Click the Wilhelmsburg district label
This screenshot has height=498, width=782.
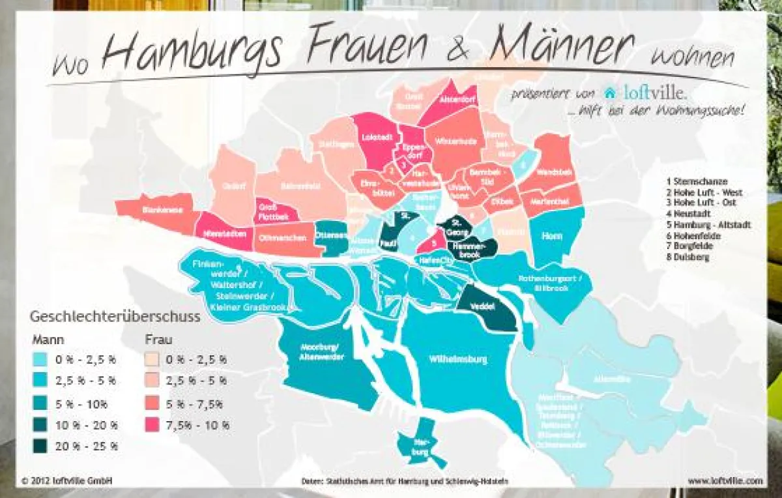(x=458, y=359)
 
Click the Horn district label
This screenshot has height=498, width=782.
(x=552, y=236)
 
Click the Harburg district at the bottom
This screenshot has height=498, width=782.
(x=420, y=447)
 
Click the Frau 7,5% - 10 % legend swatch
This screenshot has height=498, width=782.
(x=152, y=425)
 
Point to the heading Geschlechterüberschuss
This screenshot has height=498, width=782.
(x=115, y=317)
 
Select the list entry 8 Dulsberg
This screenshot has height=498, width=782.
(x=687, y=257)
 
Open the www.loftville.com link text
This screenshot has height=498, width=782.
(x=725, y=480)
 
